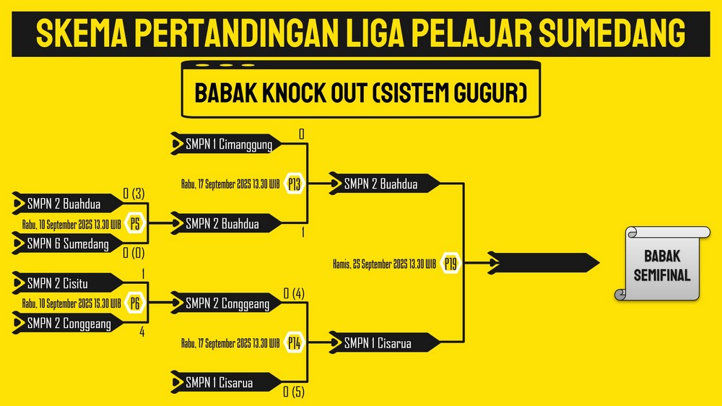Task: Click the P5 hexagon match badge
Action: tap(135, 223)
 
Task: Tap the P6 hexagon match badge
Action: tap(135, 303)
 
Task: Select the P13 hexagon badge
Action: tap(295, 184)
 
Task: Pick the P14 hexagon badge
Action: tap(295, 343)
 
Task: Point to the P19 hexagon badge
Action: tap(451, 264)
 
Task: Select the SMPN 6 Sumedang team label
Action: tap(68, 243)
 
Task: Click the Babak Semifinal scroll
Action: tap(662, 264)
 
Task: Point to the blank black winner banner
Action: tap(544, 263)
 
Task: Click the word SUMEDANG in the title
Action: tap(612, 33)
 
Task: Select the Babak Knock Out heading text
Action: tap(360, 92)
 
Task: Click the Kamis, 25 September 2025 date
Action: tap(385, 264)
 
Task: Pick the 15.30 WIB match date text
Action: tap(71, 303)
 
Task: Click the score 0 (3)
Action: tap(134, 194)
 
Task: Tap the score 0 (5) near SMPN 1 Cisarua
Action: tap(294, 392)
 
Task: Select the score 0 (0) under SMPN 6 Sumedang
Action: tap(134, 253)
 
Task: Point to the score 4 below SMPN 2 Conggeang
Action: tap(142, 332)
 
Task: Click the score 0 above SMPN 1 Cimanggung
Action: tap(302, 134)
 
